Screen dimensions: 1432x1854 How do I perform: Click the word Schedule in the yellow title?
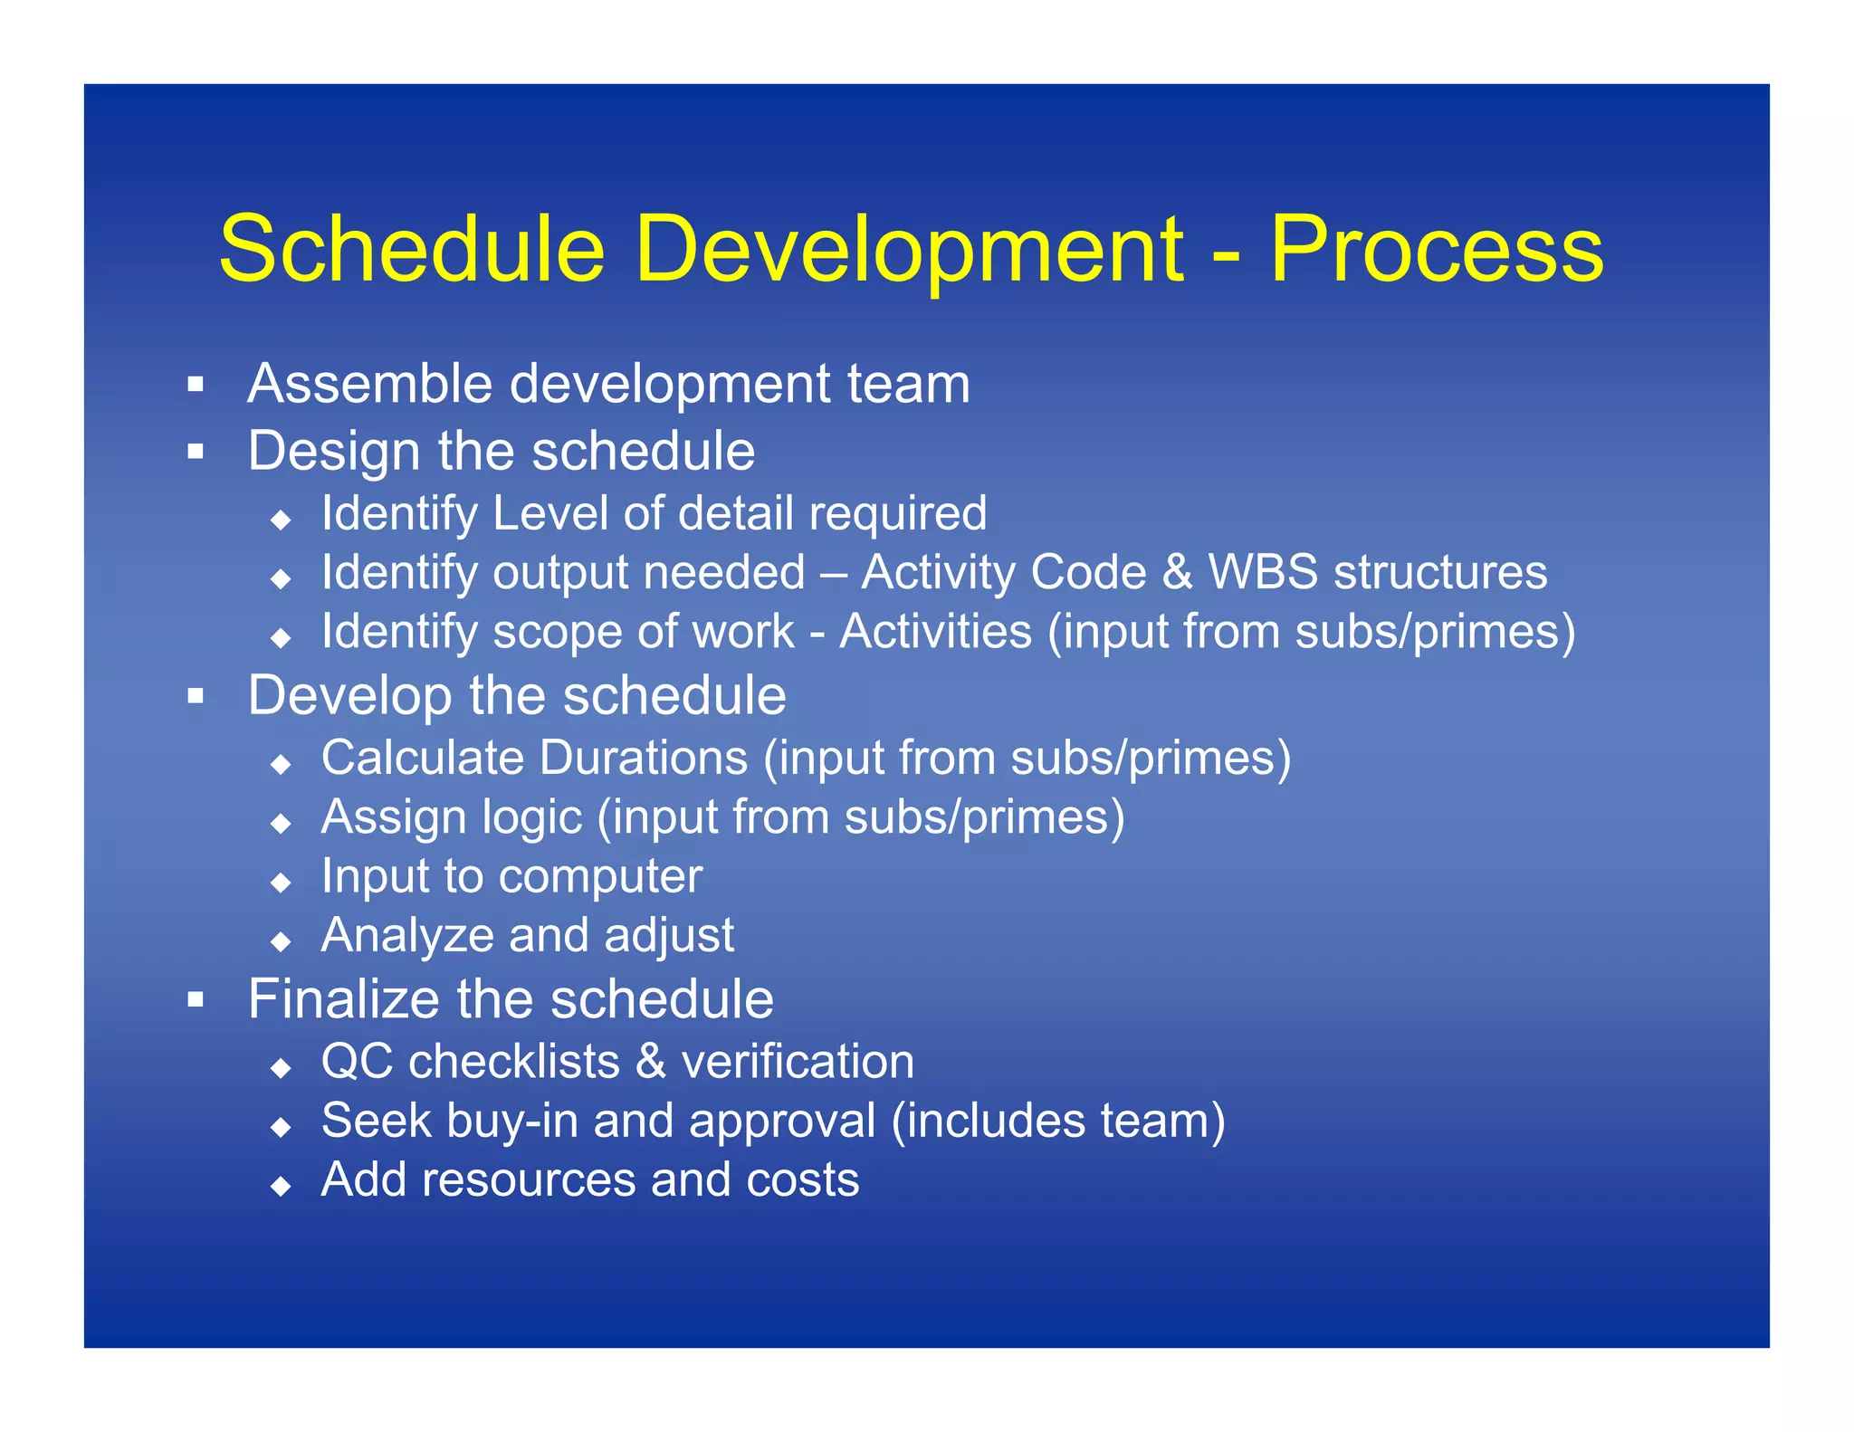[412, 250]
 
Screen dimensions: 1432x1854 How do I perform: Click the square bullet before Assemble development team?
[196, 385]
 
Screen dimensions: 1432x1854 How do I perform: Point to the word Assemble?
[369, 383]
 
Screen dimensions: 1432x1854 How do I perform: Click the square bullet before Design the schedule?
[196, 451]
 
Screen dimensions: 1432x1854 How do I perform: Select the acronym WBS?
[1263, 572]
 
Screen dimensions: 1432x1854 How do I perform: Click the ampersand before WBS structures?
[1177, 572]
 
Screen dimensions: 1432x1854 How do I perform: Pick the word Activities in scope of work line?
[935, 631]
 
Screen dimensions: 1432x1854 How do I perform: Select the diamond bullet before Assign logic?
[282, 823]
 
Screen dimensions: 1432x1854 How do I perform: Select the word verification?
[798, 1062]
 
